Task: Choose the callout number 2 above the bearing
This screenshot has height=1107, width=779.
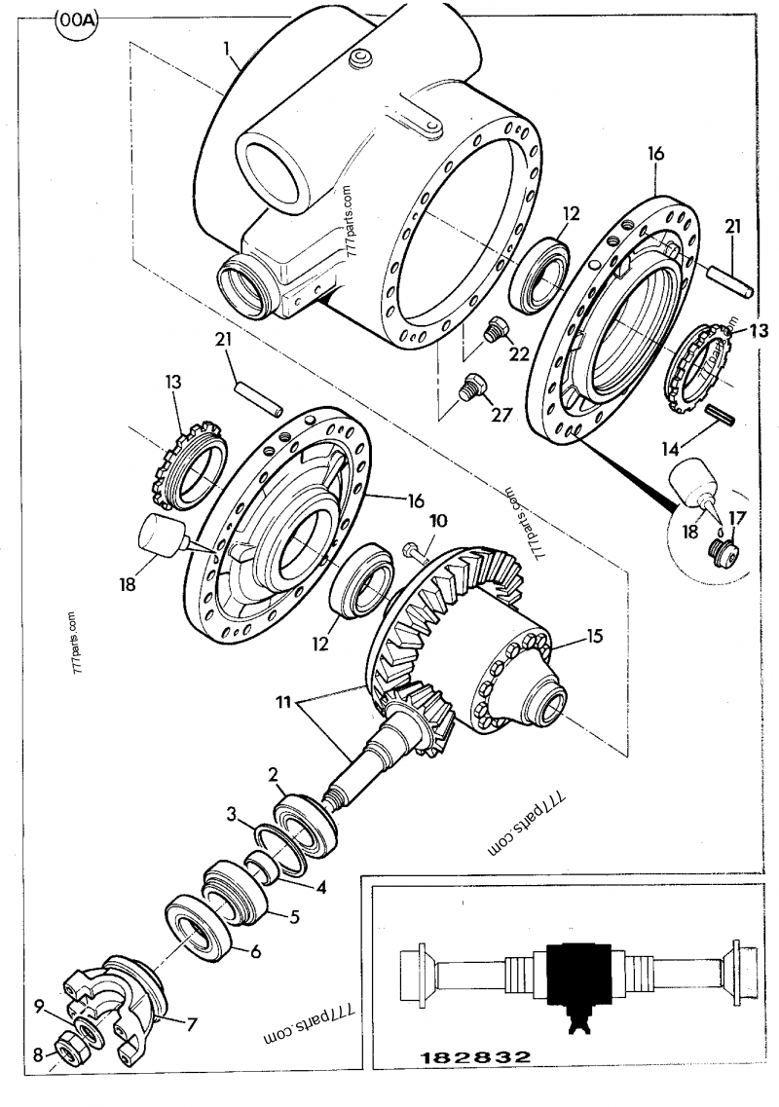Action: (275, 775)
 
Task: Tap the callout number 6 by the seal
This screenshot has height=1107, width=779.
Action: (255, 953)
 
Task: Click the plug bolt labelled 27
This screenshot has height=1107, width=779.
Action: (471, 388)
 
